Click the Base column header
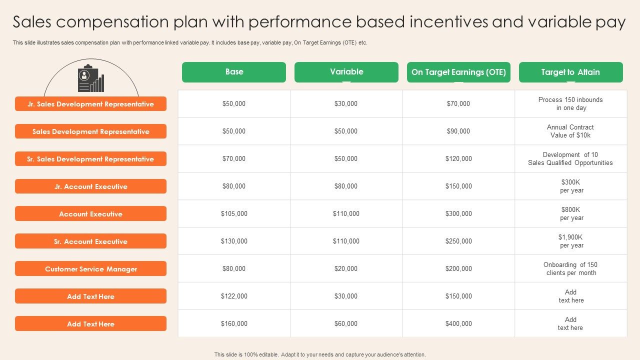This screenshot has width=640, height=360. point(233,72)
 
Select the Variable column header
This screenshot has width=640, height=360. point(346,72)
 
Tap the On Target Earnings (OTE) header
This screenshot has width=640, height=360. point(458,72)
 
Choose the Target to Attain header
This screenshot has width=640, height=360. point(571,72)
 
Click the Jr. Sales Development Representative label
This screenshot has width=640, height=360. point(90,103)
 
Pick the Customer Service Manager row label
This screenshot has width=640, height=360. point(90,268)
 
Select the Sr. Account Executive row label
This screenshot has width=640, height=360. point(90,241)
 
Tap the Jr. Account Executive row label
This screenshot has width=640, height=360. point(90,186)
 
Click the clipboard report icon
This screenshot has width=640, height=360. point(91,78)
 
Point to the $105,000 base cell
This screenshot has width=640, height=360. point(234,213)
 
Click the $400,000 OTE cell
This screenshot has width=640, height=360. point(458,323)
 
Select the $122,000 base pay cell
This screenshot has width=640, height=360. point(234,296)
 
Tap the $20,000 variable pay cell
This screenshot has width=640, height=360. point(345,268)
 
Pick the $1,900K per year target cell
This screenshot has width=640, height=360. point(571,241)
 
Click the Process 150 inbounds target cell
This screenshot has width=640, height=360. point(571,103)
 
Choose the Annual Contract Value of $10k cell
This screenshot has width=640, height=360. point(570,131)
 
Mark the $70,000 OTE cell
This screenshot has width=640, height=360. point(458,103)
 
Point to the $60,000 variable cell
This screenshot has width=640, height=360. point(345,323)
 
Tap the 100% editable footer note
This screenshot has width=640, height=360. point(319,354)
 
